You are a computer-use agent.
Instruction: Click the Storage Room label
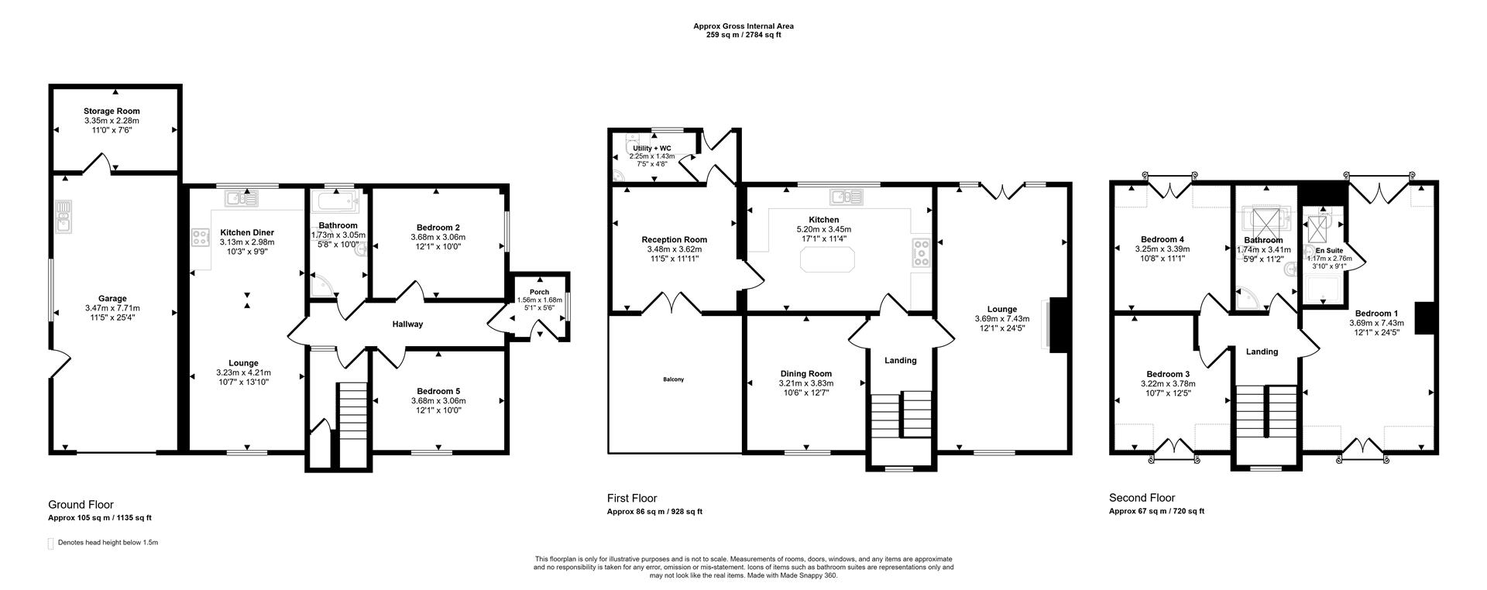click(x=112, y=111)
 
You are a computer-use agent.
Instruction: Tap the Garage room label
click(x=112, y=298)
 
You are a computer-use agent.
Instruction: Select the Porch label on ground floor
click(x=539, y=292)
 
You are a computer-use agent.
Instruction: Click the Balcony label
click(x=673, y=379)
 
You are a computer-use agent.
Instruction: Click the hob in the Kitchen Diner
click(x=201, y=238)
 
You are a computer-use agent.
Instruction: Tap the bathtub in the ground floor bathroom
click(x=335, y=203)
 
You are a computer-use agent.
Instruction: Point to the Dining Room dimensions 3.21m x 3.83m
click(x=805, y=383)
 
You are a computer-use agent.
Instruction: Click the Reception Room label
click(x=674, y=239)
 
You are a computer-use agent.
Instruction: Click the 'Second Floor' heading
click(x=1142, y=498)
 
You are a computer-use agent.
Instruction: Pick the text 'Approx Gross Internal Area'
click(x=743, y=26)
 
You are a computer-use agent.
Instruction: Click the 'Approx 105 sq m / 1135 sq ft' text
click(x=105, y=518)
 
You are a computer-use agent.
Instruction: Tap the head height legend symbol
click(x=51, y=543)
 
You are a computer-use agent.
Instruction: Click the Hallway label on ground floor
click(x=407, y=324)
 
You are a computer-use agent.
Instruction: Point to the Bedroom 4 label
click(x=1162, y=239)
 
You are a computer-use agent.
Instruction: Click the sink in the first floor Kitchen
click(x=840, y=195)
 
